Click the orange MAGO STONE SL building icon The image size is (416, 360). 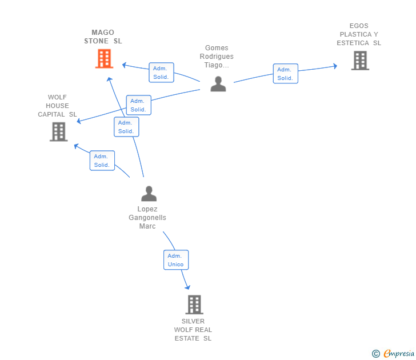pyautogui.click(x=104, y=59)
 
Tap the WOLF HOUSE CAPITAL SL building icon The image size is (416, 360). pyautogui.click(x=59, y=131)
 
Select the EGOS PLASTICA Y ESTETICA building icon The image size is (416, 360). pyautogui.click(x=360, y=61)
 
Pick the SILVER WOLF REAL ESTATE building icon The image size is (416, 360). pyautogui.click(x=194, y=305)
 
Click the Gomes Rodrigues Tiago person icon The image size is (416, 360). pyautogui.click(x=218, y=84)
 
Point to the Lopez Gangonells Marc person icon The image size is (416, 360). pyautogui.click(x=149, y=193)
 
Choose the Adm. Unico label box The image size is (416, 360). pyautogui.click(x=176, y=260)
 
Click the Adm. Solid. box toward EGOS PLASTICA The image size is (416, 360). pyautogui.click(x=286, y=74)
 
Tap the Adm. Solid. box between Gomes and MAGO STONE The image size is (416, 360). pyautogui.click(x=161, y=73)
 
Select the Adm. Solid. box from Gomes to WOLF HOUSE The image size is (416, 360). pyautogui.click(x=138, y=105)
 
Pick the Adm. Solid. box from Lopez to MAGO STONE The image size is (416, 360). pyautogui.click(x=126, y=127)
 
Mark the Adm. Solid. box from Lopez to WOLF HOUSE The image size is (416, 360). pyautogui.click(x=102, y=161)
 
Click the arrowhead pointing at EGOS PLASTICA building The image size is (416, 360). pyautogui.click(x=335, y=66)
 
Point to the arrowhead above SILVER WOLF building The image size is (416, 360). pyautogui.click(x=187, y=287)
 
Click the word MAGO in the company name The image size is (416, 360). pyautogui.click(x=103, y=33)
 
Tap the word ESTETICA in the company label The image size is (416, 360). pyautogui.click(x=353, y=43)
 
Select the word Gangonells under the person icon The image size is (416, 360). pyautogui.click(x=147, y=218)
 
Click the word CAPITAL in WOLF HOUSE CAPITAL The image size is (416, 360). pyautogui.click(x=51, y=114)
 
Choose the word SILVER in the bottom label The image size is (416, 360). pyautogui.click(x=193, y=321)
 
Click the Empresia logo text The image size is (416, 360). pyautogui.click(x=398, y=353)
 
